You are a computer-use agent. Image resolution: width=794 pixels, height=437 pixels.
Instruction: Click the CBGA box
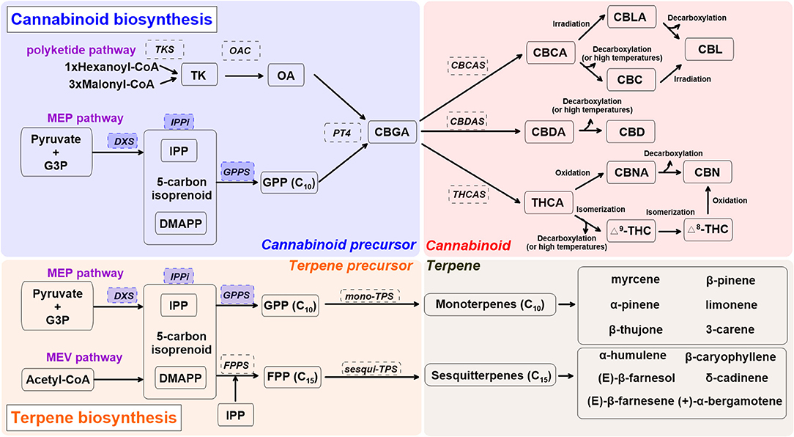click(x=394, y=132)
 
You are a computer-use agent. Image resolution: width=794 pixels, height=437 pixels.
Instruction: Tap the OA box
click(x=286, y=75)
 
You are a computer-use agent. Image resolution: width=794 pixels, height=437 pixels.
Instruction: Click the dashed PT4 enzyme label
click(x=341, y=133)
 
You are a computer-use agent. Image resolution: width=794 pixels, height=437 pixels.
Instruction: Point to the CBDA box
click(x=546, y=132)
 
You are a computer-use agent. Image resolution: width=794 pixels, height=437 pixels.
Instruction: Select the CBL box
click(x=709, y=50)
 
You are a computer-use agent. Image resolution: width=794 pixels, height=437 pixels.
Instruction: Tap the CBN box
click(x=707, y=174)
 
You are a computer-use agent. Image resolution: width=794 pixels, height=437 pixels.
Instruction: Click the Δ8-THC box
click(x=708, y=229)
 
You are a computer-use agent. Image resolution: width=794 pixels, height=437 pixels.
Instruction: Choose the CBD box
click(x=630, y=132)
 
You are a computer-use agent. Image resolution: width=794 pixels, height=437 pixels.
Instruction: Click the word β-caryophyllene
click(x=730, y=357)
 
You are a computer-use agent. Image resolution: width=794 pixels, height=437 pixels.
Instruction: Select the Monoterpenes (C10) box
click(x=489, y=304)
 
